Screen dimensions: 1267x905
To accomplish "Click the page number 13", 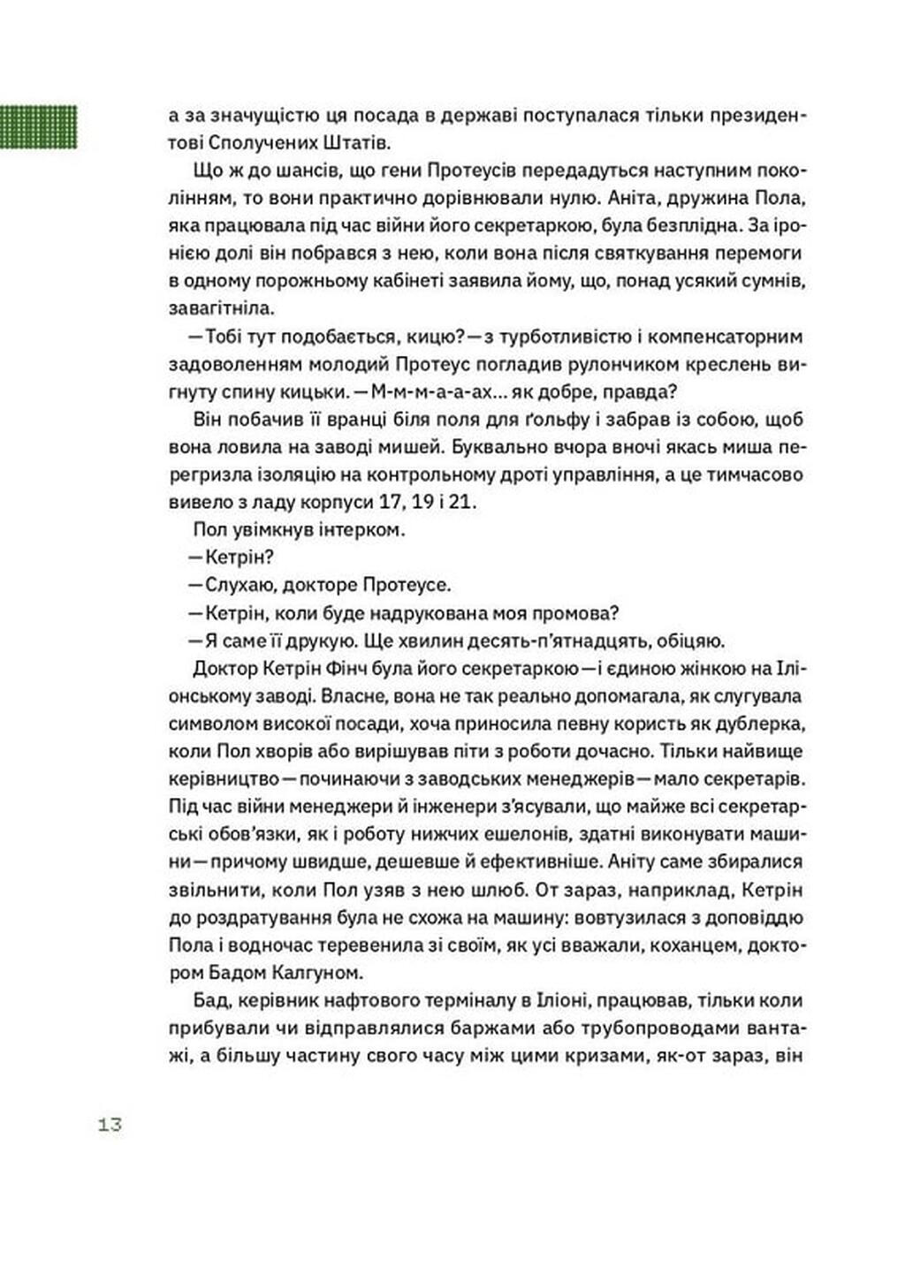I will click(x=110, y=1126).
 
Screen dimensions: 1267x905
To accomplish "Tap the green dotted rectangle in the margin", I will click(x=38, y=126).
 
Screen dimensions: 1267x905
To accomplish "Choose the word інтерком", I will click(x=359, y=531).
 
